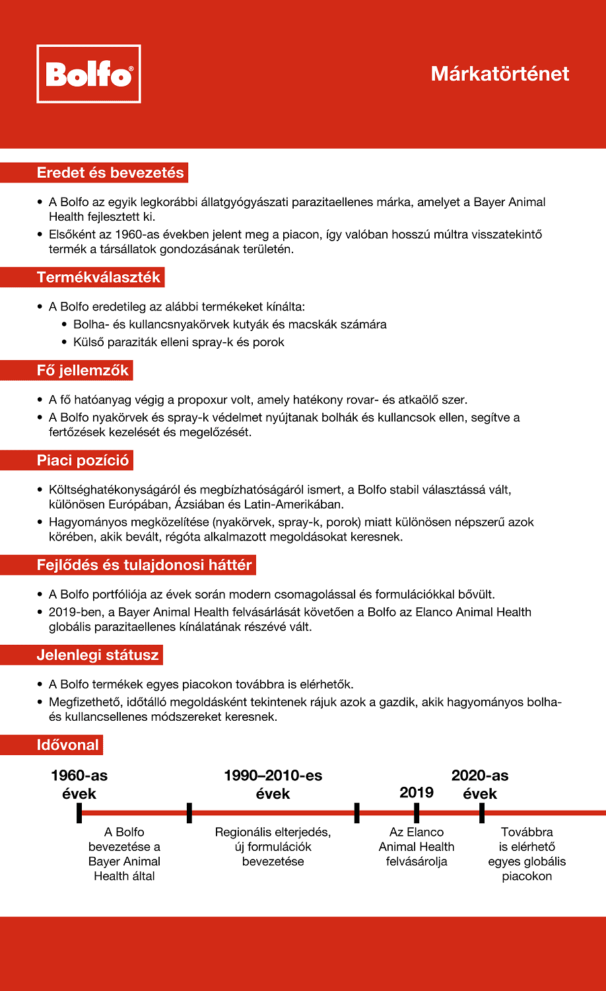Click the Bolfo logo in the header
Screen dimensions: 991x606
coord(88,74)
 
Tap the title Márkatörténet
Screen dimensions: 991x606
coord(500,73)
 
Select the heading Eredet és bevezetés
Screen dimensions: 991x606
coord(110,173)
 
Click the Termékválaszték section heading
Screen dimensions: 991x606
coord(98,277)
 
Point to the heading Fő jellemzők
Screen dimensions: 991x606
coord(83,370)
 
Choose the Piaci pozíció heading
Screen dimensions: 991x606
coord(83,460)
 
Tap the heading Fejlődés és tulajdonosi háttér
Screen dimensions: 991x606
coord(144,565)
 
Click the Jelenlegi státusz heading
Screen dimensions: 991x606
coord(98,656)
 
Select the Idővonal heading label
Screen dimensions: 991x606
coord(67,745)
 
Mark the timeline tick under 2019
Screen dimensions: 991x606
coord(417,813)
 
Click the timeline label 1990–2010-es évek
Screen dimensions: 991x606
coord(273,784)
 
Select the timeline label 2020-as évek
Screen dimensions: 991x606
coord(480,784)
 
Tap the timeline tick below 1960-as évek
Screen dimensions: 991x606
coord(79,813)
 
